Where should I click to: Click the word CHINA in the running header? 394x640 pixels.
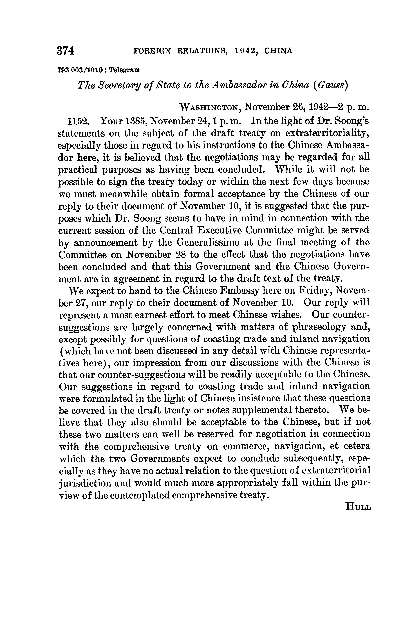click(278, 51)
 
